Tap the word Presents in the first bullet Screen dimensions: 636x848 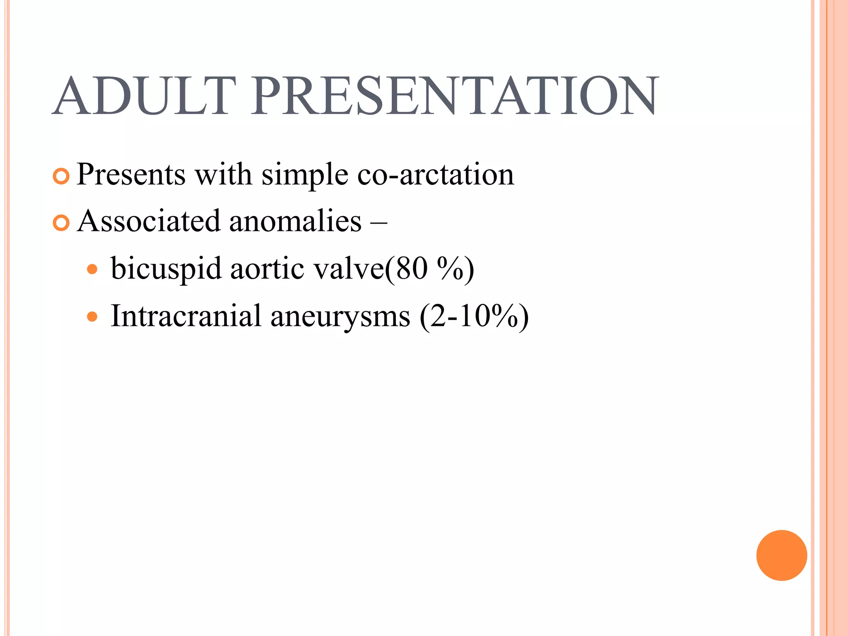(131, 174)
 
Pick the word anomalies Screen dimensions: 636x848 (295, 221)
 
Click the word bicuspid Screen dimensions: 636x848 (166, 270)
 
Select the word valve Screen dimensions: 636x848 (349, 269)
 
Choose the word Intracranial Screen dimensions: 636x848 (186, 316)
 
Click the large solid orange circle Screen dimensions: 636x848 (781, 555)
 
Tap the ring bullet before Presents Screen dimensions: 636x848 (61, 177)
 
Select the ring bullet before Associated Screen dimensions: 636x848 (61, 224)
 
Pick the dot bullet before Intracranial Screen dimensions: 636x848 (92, 317)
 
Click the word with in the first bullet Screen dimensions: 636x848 (223, 174)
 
